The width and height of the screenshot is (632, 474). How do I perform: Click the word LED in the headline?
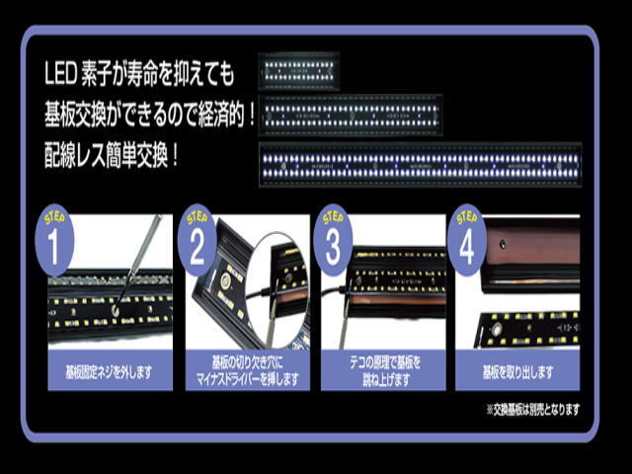point(60,75)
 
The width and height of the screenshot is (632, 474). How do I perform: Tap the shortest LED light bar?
point(298,71)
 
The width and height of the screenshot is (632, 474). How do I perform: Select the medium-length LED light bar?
point(351,116)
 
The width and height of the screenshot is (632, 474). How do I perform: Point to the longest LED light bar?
point(420,165)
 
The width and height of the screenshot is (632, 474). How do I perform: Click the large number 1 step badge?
point(54,241)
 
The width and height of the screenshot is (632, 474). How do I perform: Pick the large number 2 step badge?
point(197,241)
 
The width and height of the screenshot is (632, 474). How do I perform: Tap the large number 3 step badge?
point(333,241)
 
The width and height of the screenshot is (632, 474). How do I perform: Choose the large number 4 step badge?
point(467,241)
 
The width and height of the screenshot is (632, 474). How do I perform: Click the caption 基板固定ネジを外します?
point(110,372)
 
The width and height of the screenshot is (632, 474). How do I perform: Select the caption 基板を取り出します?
point(517,372)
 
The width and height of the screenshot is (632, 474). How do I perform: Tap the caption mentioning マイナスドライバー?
point(248,379)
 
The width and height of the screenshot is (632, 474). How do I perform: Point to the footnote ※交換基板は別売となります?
point(533,410)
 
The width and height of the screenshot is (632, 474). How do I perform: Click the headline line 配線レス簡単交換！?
point(112,157)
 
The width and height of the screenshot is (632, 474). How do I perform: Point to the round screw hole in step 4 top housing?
point(503,244)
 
